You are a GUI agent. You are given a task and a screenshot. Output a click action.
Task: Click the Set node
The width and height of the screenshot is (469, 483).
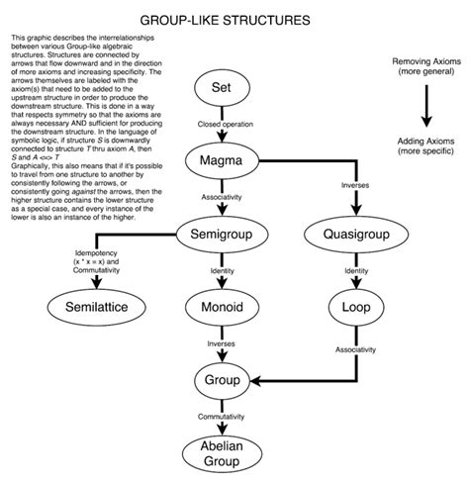tap(222, 90)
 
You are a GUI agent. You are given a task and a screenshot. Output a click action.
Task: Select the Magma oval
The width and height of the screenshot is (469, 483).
tap(222, 161)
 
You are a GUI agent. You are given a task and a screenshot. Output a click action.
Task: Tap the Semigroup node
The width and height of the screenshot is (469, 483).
tap(222, 235)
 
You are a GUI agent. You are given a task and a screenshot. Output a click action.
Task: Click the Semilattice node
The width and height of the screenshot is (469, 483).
tap(95, 306)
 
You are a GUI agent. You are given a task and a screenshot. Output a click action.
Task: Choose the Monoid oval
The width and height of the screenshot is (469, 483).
tap(222, 306)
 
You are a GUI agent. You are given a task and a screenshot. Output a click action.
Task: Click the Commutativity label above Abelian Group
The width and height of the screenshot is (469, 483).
tap(222, 417)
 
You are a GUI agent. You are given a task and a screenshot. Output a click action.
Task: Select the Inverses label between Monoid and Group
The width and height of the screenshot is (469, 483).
tap(222, 343)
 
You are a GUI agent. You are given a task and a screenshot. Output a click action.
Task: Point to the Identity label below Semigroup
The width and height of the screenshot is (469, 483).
tap(222, 271)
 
